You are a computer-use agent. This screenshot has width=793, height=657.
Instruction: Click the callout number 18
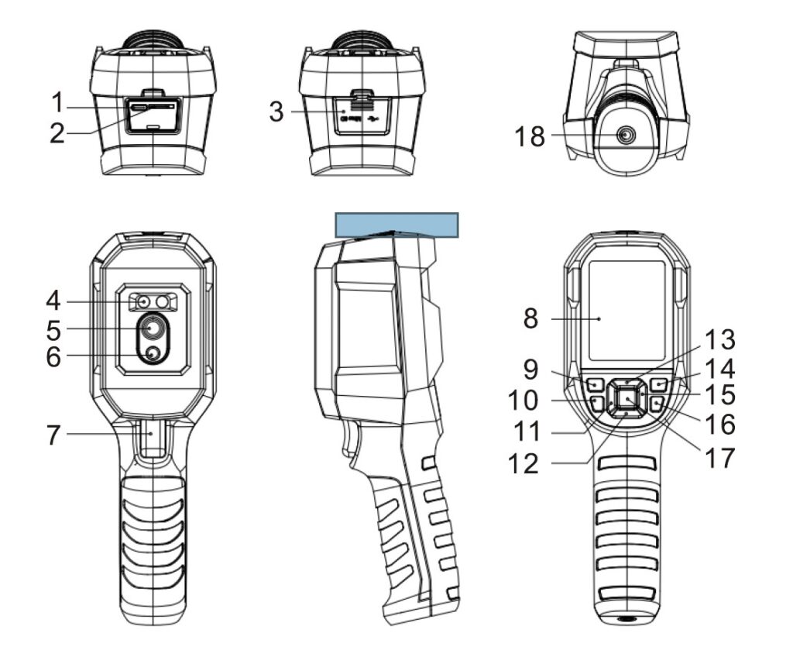(x=530, y=136)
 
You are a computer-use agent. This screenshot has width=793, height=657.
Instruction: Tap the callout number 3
(x=276, y=112)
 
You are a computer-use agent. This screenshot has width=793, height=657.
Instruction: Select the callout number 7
(x=53, y=435)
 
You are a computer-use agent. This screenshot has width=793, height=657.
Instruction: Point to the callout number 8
(x=530, y=319)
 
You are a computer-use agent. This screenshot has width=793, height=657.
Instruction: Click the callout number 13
(x=719, y=339)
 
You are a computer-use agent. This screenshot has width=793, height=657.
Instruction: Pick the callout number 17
(x=719, y=458)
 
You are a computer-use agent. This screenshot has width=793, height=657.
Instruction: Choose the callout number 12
(x=523, y=463)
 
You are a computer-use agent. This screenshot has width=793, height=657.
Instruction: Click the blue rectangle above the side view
(x=397, y=225)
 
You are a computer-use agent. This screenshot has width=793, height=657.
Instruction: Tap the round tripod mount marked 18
(x=626, y=136)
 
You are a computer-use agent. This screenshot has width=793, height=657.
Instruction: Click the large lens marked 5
(x=152, y=328)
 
